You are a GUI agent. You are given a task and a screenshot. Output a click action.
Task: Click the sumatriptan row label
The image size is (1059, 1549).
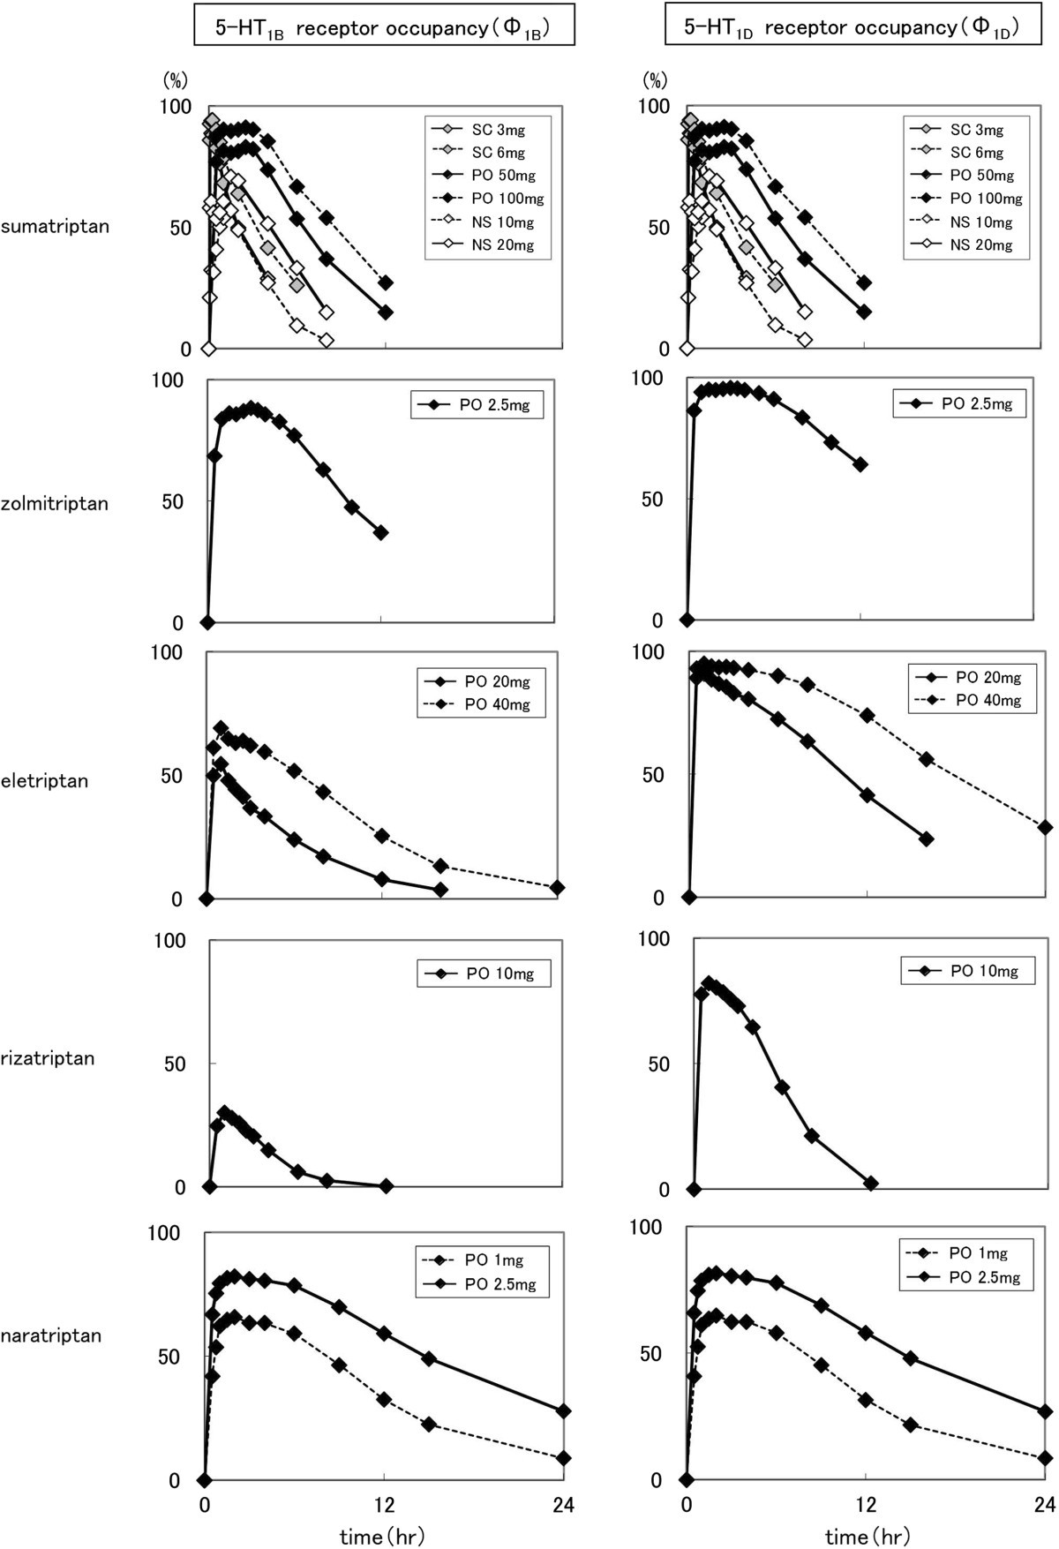point(55,226)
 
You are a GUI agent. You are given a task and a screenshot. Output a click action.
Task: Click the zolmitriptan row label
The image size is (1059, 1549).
point(55,504)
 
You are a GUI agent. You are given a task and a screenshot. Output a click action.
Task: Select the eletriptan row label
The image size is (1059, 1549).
point(44,781)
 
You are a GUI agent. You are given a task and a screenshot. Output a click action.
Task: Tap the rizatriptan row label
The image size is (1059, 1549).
point(47,1058)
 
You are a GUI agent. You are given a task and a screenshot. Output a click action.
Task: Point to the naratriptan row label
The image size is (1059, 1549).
point(50,1335)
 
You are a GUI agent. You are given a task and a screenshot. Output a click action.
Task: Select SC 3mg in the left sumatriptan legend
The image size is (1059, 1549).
point(497,130)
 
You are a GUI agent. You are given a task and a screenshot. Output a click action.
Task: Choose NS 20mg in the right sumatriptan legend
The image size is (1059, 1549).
point(980,245)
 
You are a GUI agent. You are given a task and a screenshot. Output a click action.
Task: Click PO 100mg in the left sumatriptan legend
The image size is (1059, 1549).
point(507,199)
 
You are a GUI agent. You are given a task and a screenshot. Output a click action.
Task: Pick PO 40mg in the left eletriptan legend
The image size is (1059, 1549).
point(497,704)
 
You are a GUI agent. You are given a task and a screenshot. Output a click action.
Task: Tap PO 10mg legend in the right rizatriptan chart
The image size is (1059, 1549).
point(983,971)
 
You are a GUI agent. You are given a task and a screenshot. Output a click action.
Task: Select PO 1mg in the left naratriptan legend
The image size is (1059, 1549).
point(493,1260)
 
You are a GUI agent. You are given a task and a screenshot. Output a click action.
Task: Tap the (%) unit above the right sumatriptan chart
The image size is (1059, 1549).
point(654,81)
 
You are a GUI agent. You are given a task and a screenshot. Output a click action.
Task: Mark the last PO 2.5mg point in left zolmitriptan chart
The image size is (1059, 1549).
point(381,532)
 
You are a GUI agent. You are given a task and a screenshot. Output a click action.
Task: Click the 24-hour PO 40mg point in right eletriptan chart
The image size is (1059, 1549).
point(1045,827)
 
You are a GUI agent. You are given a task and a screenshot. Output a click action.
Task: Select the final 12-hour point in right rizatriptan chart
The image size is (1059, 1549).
point(871,1184)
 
